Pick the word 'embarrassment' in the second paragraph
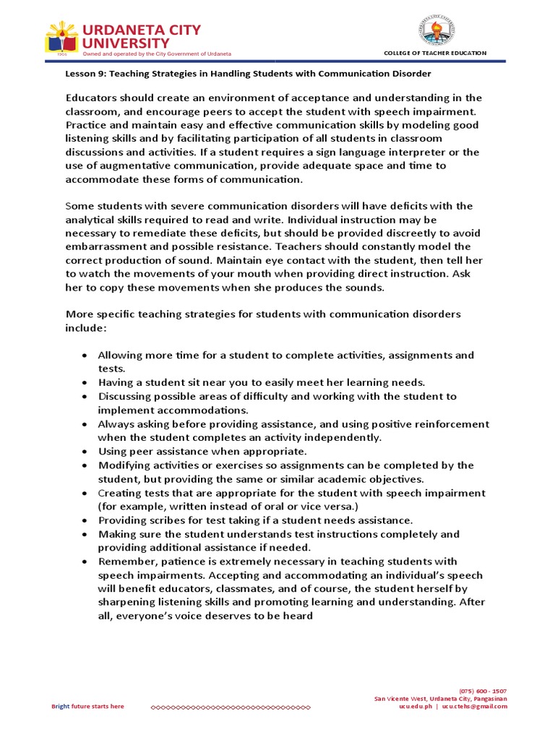point(101,246)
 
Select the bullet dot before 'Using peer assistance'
point(85,452)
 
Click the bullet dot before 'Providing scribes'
point(85,520)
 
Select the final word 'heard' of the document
point(298,616)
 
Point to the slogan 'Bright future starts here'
point(87,707)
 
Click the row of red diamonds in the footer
point(230,707)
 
